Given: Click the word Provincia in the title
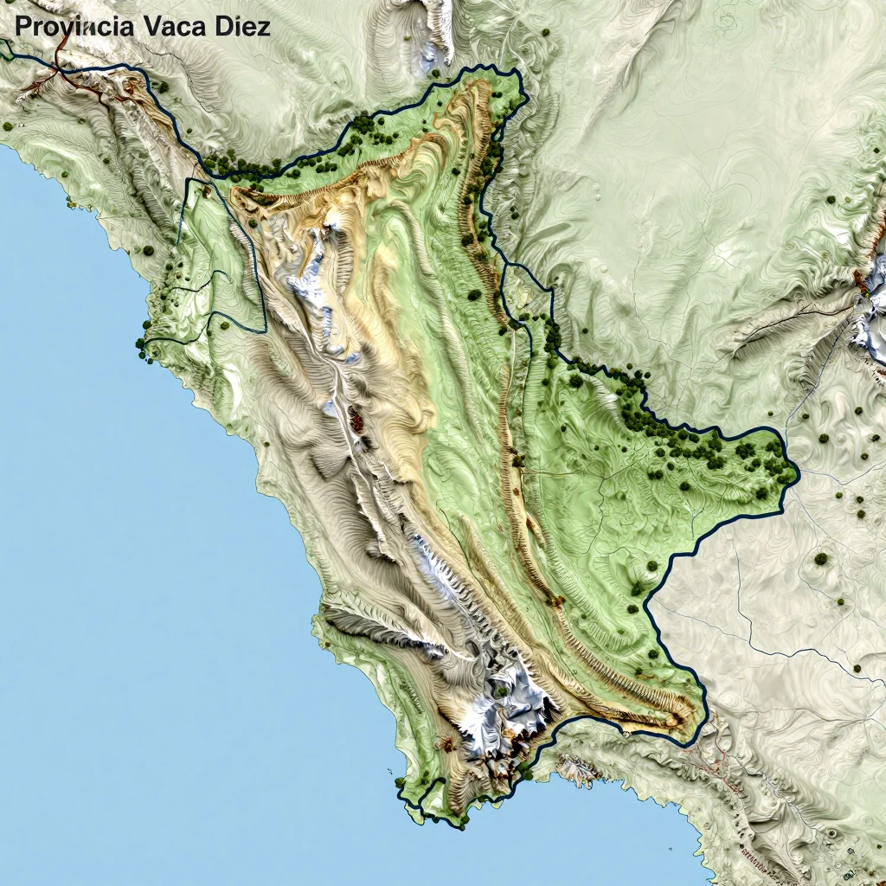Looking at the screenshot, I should [x=74, y=26].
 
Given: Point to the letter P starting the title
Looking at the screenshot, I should [x=23, y=26].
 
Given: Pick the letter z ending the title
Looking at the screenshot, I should [x=264, y=28].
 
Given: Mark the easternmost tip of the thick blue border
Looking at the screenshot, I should [x=798, y=474].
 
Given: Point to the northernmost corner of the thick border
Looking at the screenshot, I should [x=514, y=73].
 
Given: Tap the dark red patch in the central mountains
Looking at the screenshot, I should [x=356, y=423].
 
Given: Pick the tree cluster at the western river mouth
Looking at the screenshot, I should [x=143, y=346].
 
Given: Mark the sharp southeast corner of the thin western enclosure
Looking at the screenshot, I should [x=264, y=330].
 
